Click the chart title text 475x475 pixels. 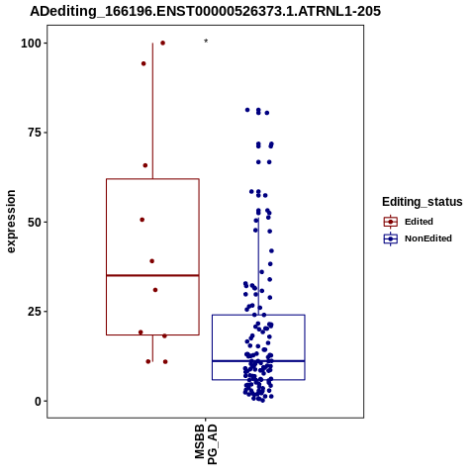point(205,11)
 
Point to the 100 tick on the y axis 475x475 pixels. point(31,44)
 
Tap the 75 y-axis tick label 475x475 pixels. point(35,133)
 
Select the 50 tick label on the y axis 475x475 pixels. point(35,223)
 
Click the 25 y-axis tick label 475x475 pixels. point(35,312)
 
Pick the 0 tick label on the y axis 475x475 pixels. point(39,401)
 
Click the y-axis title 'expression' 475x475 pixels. point(11,222)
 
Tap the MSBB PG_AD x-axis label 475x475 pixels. point(206,444)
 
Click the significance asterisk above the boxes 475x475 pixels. point(206,42)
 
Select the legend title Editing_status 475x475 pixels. point(423,202)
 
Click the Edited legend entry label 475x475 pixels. point(419,222)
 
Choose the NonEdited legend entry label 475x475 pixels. point(428,238)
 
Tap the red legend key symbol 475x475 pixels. point(391,222)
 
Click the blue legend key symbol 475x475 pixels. point(391,238)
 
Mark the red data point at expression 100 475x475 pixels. point(162,43)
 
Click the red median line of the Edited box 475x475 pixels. point(152,275)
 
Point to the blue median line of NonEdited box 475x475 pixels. point(258,361)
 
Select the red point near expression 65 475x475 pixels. point(145,165)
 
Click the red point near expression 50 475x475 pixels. point(142,220)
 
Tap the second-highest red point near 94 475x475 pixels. point(143,63)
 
